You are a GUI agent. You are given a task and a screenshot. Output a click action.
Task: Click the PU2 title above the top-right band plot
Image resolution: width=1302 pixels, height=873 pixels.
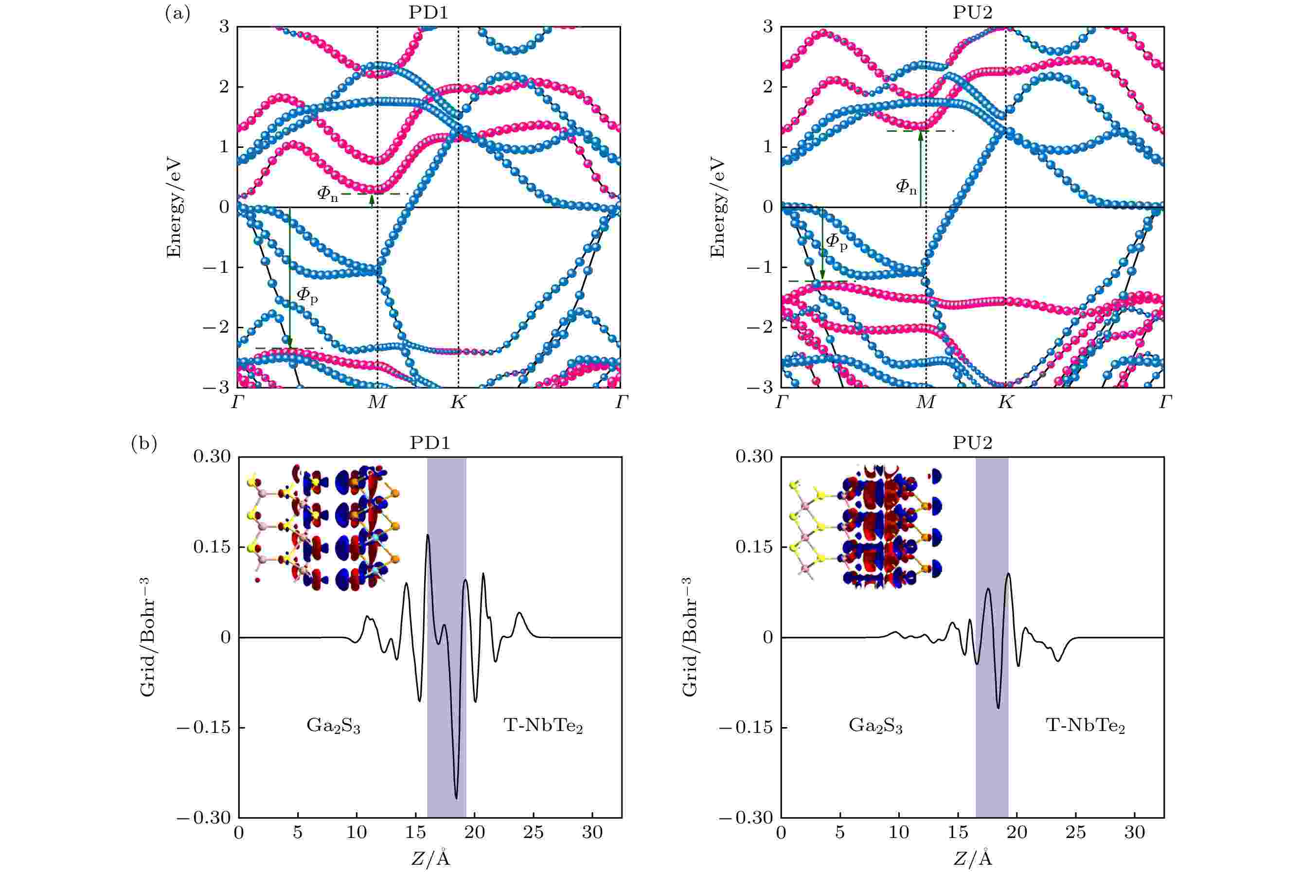pyautogui.click(x=972, y=12)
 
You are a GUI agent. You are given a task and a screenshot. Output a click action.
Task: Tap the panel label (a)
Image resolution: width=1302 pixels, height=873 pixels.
pyautogui.click(x=178, y=13)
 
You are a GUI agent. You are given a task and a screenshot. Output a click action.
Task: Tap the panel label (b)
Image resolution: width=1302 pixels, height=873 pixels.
pyautogui.click(x=144, y=444)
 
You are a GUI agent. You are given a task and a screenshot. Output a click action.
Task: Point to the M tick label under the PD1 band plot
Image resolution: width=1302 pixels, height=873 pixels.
pyautogui.click(x=377, y=403)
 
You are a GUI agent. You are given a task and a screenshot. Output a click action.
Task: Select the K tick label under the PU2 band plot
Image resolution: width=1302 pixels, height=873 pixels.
pyautogui.click(x=1005, y=403)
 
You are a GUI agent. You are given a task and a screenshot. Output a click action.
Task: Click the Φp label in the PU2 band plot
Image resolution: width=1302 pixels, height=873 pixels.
pyautogui.click(x=836, y=242)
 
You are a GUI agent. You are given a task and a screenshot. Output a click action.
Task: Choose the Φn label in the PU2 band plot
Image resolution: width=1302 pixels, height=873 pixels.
pyautogui.click(x=906, y=187)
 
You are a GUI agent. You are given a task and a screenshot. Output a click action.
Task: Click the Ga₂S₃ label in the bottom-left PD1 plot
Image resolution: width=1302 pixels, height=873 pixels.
pyautogui.click(x=334, y=726)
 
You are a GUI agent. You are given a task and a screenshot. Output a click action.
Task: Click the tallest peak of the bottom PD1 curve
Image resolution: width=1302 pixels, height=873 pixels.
pyautogui.click(x=428, y=535)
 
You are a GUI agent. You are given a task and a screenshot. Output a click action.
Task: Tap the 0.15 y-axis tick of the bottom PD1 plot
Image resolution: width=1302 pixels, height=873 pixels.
pyautogui.click(x=212, y=547)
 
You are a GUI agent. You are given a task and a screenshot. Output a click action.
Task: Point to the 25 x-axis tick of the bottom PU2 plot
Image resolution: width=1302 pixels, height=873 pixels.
pyautogui.click(x=1075, y=832)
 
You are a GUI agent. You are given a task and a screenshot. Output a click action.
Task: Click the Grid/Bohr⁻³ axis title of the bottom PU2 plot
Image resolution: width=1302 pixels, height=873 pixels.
pyautogui.click(x=689, y=637)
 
